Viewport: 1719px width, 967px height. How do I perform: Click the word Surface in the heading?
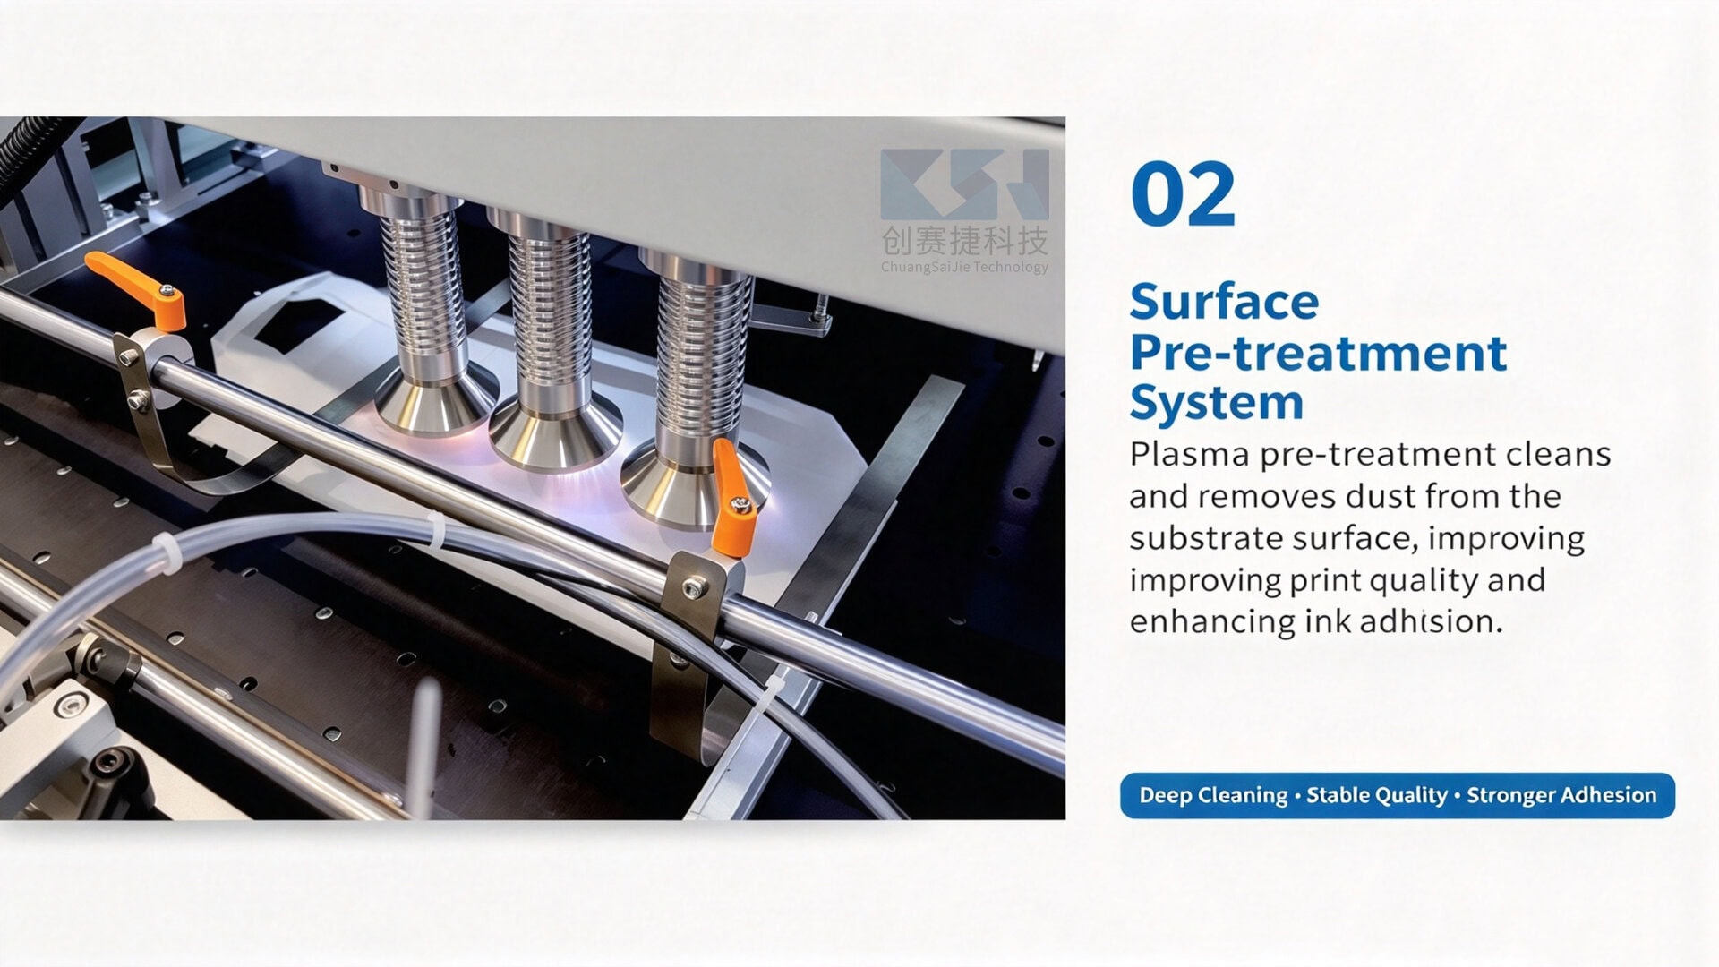click(x=1224, y=303)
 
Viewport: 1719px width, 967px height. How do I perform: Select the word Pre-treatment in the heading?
click(x=1318, y=354)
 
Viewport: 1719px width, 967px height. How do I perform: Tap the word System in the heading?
click(x=1217, y=404)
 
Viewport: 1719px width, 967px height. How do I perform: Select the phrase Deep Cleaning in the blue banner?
click(x=1213, y=795)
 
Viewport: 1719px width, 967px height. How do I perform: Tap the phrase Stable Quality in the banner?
click(x=1377, y=795)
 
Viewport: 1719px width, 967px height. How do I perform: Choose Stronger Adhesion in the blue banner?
click(x=1561, y=795)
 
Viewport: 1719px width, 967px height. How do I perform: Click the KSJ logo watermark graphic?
click(x=964, y=184)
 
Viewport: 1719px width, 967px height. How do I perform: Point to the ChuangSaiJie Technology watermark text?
click(x=964, y=267)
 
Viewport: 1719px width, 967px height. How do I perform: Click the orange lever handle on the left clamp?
click(x=136, y=285)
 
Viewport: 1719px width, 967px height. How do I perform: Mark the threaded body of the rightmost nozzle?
click(x=704, y=358)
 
